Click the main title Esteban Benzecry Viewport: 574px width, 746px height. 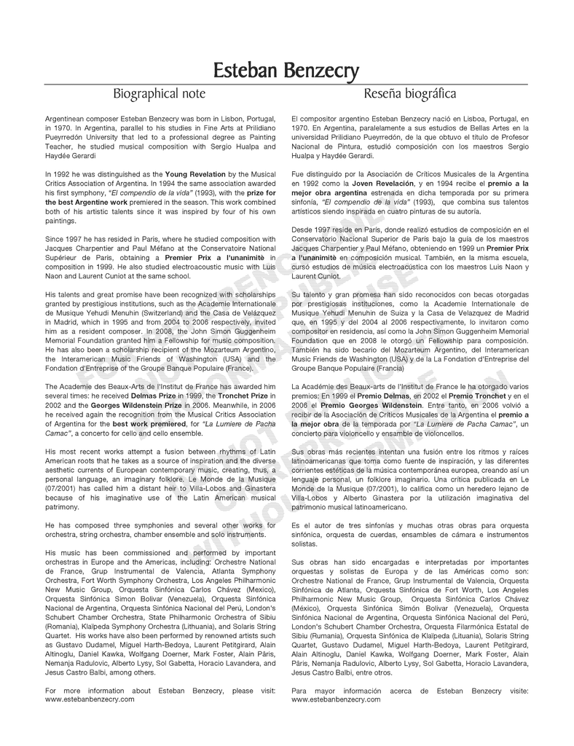[286, 71]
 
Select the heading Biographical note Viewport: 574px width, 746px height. [159, 94]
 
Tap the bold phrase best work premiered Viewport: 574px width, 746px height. [147, 423]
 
